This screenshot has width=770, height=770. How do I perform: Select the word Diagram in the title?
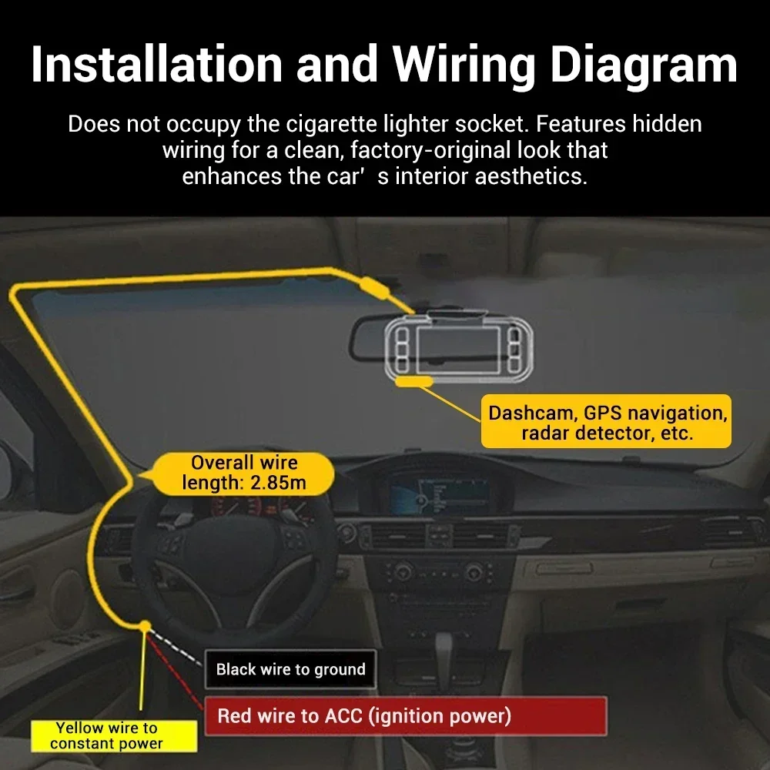pos(644,65)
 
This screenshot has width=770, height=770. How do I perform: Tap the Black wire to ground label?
pos(290,669)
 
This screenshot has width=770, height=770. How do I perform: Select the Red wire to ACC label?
pos(364,716)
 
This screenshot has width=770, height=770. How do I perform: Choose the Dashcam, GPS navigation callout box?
pos(607,423)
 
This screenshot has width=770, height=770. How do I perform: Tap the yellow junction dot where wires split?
pos(143,627)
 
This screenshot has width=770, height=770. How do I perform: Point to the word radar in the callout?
pos(547,433)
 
